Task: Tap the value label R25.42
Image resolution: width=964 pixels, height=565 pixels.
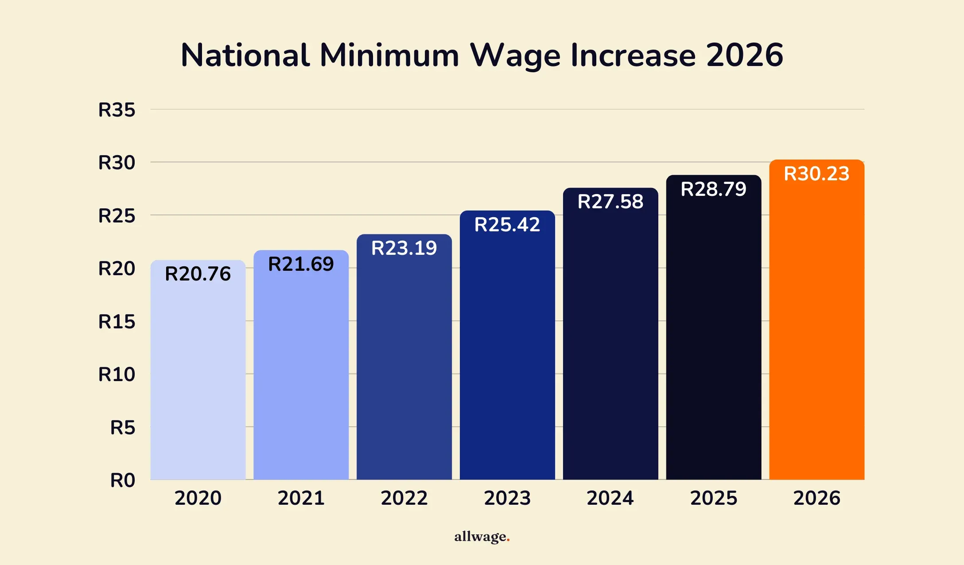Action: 507,225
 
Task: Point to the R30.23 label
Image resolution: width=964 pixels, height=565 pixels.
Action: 816,174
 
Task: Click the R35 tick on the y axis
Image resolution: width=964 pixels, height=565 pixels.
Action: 117,110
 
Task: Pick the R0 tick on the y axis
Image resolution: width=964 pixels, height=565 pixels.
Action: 122,480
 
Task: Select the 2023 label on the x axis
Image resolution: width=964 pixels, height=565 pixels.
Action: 507,498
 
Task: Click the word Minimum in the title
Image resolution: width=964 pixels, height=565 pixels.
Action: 389,55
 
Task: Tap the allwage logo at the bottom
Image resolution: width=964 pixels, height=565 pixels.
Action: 482,537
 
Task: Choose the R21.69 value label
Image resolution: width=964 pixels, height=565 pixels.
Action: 301,264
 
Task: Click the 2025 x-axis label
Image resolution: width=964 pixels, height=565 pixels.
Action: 713,498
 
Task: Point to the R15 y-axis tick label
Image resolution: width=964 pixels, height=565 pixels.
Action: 117,322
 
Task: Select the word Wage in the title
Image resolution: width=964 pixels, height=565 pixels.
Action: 515,55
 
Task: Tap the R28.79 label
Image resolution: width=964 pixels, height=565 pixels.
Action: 713,189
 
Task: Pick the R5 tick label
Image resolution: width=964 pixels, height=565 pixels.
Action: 122,428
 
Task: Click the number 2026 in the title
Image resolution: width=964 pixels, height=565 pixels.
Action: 744,55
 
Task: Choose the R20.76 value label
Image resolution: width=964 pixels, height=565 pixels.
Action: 198,274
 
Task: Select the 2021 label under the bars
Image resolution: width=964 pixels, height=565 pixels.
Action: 301,498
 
